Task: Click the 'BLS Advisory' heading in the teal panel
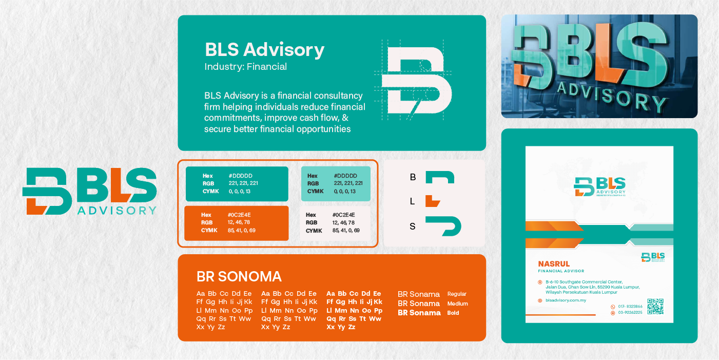(x=264, y=50)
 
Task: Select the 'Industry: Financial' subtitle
(x=245, y=67)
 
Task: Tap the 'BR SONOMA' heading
(x=239, y=276)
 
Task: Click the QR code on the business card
(x=655, y=306)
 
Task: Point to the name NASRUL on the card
(x=551, y=264)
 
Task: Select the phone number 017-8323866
(x=630, y=307)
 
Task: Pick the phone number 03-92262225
(x=630, y=312)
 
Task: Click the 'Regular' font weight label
(x=457, y=294)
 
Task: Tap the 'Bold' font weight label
(x=453, y=313)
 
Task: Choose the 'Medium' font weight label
(x=457, y=304)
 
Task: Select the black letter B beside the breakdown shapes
(x=413, y=178)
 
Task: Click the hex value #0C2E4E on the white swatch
(x=343, y=215)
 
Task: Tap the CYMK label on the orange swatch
(x=209, y=231)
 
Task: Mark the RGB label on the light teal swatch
(x=313, y=183)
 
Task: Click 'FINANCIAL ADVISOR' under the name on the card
(x=560, y=271)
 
